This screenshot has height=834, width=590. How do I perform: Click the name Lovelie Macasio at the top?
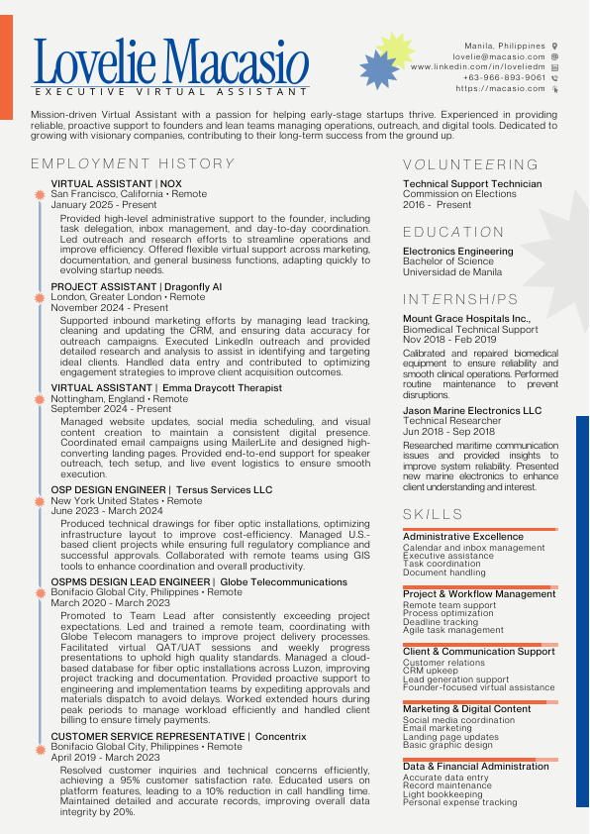tap(170, 61)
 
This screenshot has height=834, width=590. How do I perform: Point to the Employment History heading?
tap(133, 164)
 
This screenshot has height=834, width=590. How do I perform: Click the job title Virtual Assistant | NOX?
tap(117, 184)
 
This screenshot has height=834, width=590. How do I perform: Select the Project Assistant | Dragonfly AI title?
tap(137, 286)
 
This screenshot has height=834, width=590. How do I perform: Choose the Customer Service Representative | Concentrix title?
tap(178, 737)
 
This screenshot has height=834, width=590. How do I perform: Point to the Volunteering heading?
tap(470, 164)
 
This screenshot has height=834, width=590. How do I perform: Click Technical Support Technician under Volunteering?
tap(472, 184)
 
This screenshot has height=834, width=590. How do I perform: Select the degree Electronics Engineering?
tap(457, 252)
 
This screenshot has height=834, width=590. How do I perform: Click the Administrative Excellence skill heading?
tap(462, 537)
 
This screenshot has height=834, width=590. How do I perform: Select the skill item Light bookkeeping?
tap(442, 794)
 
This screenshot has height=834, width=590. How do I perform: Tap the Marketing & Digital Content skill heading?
tap(466, 709)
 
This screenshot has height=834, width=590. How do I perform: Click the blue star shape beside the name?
tap(378, 70)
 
